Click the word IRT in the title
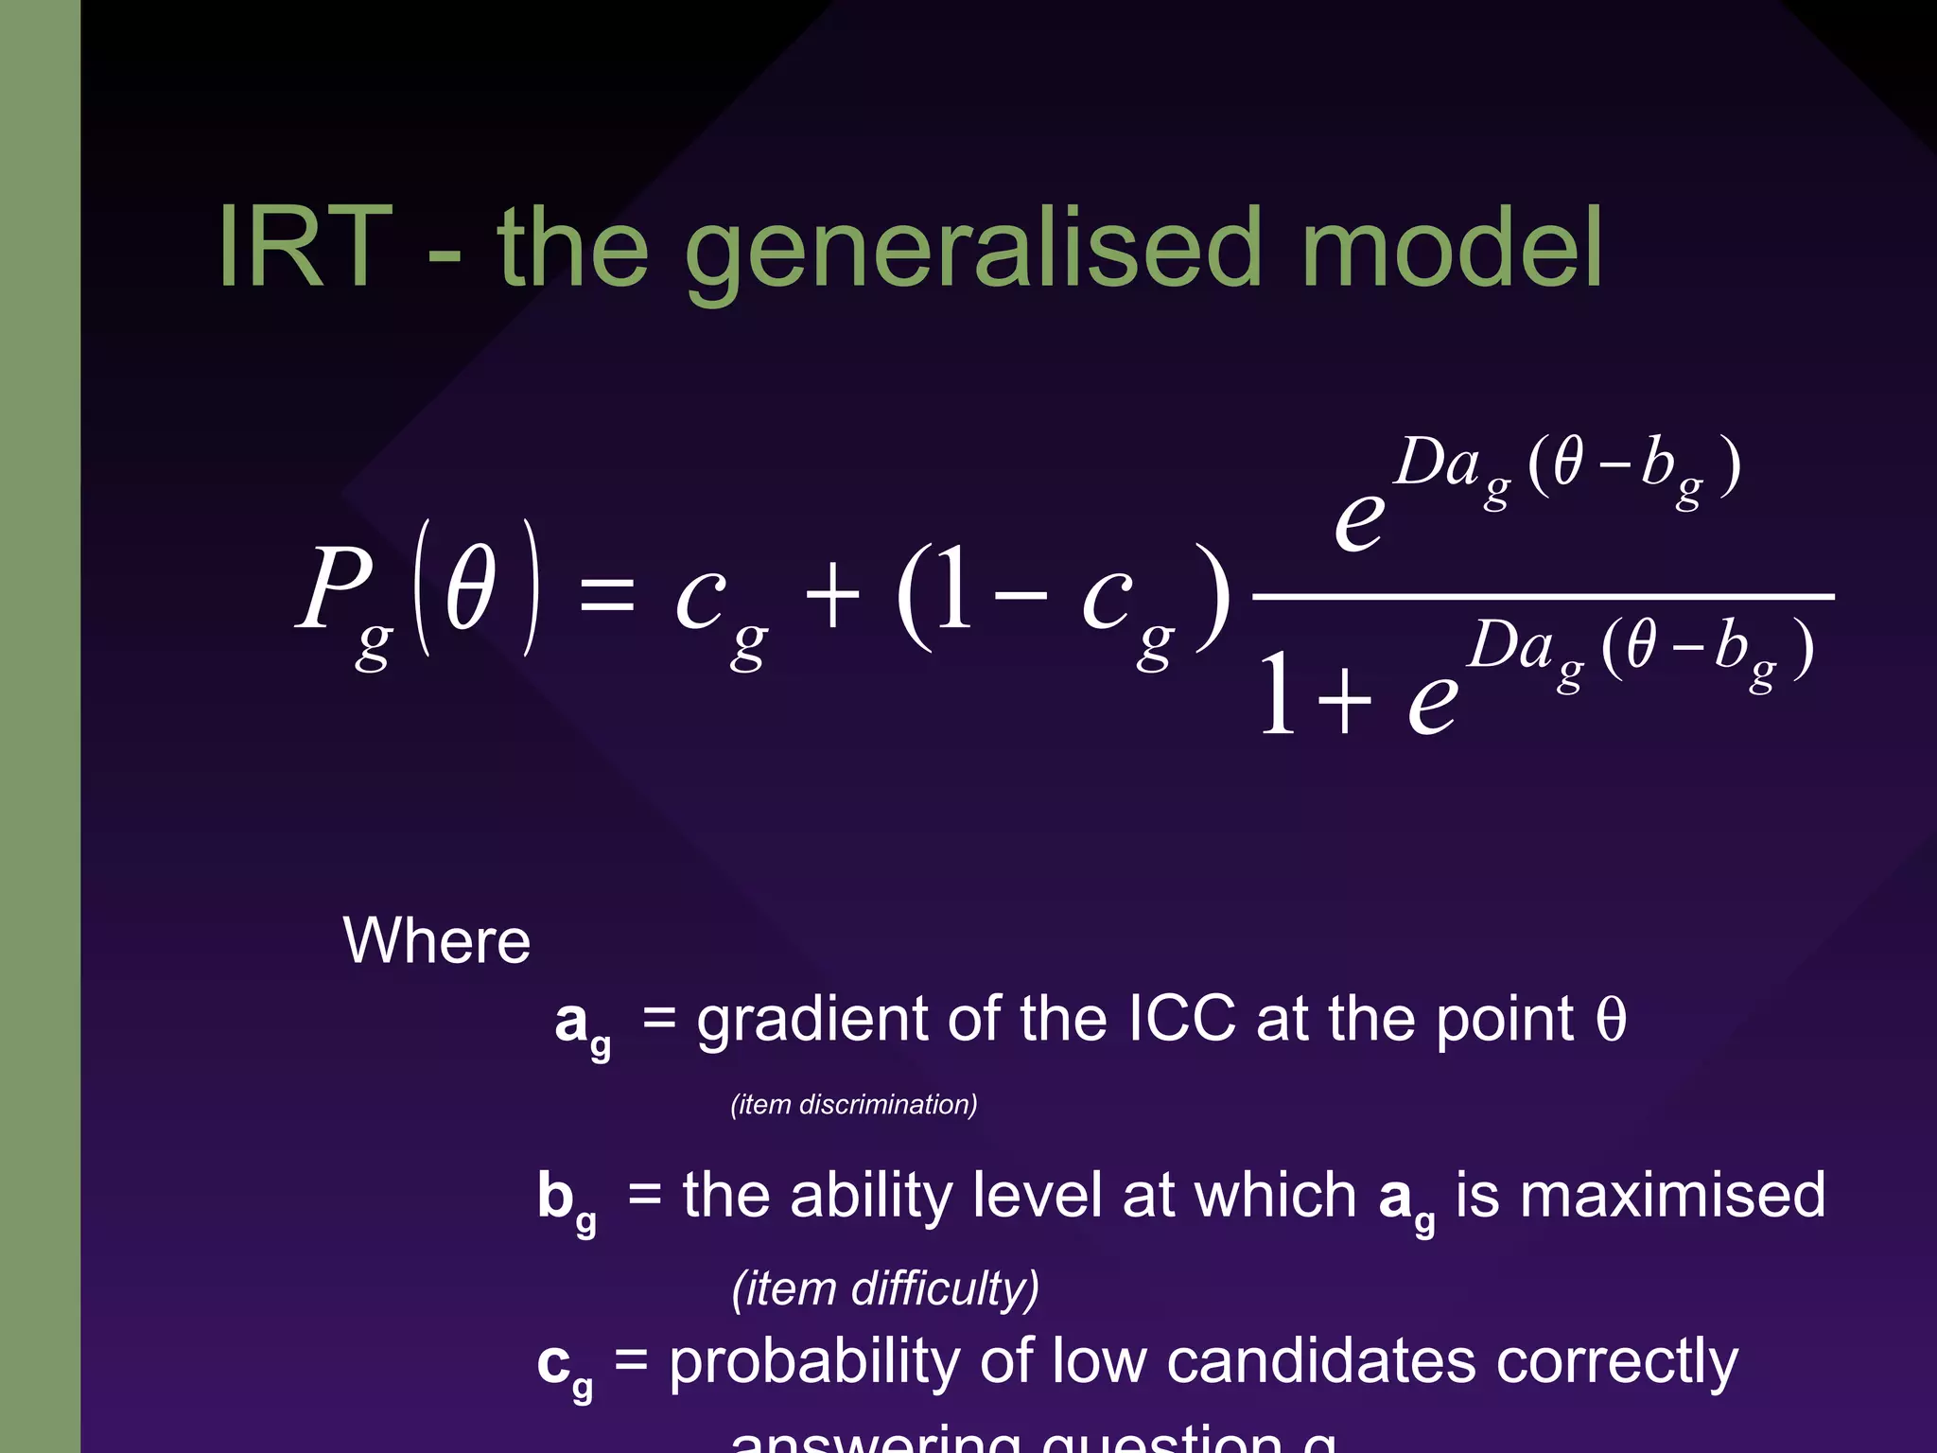tap(305, 249)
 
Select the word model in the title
tap(1452, 249)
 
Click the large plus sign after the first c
tap(831, 597)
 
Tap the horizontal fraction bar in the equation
tap(1542, 597)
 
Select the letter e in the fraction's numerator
tap(1359, 520)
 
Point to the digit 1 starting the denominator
tap(1278, 695)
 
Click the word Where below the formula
tap(436, 941)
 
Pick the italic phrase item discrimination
tap(854, 1105)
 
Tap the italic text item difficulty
tap(885, 1288)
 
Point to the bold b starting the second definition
tap(556, 1195)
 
